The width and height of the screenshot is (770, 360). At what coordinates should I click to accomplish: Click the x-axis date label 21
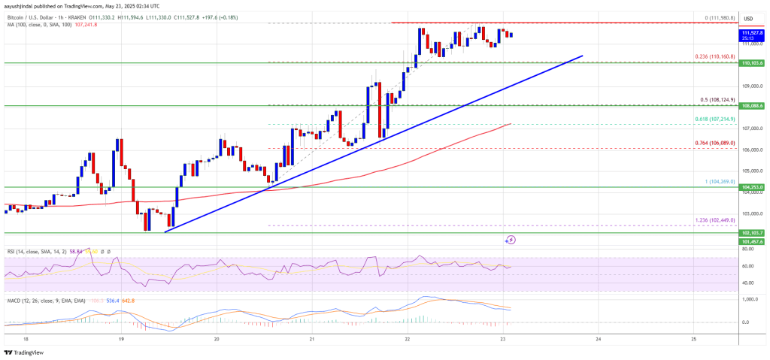click(311, 338)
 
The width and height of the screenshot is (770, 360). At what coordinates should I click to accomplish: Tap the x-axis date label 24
click(598, 338)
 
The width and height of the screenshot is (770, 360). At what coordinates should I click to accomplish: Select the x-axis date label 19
click(121, 338)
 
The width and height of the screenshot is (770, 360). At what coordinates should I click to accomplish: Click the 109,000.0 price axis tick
click(752, 86)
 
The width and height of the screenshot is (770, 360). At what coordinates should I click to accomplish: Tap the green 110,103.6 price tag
click(752, 64)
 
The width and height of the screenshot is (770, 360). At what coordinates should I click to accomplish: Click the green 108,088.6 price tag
click(752, 107)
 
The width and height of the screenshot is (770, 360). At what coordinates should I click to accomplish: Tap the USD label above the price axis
click(748, 18)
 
